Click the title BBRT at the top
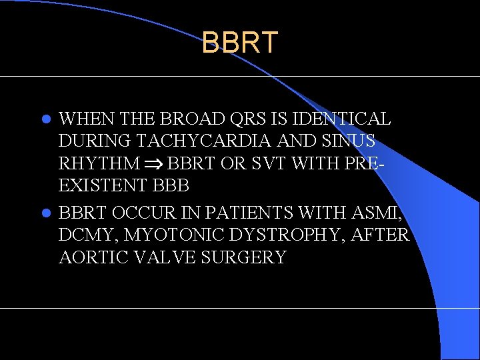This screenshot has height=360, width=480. [239, 43]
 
